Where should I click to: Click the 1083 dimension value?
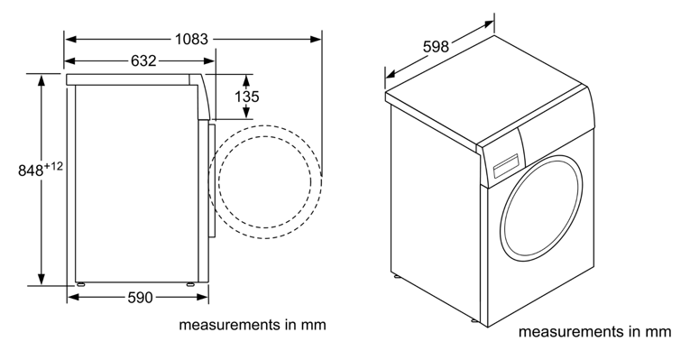coord(191,39)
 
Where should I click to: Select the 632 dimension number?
coord(143,60)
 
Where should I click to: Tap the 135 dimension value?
coord(247,97)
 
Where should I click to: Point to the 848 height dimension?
coord(31,171)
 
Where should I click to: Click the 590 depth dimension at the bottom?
coord(141,298)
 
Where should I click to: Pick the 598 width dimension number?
coord(436,46)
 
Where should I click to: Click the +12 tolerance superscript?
coord(54,166)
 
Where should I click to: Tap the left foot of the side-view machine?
coord(80,284)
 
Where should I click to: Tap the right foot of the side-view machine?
coord(190,284)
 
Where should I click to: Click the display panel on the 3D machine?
coord(507,167)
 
